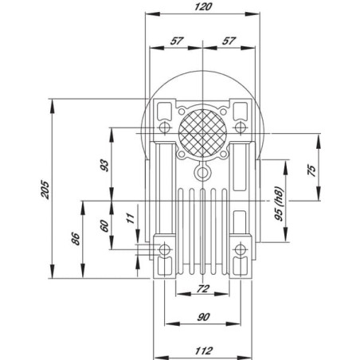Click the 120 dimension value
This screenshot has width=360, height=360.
pyautogui.click(x=203, y=6)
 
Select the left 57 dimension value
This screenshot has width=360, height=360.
pyautogui.click(x=177, y=41)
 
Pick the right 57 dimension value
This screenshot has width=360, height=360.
pyautogui.click(x=229, y=41)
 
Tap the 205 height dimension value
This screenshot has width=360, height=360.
pyautogui.click(x=45, y=190)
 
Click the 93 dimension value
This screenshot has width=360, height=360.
pyautogui.click(x=104, y=166)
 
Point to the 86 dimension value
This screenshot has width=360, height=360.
pyautogui.click(x=76, y=239)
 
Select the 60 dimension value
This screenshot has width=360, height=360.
pyautogui.click(x=104, y=226)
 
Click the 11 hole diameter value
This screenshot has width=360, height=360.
pyautogui.click(x=131, y=218)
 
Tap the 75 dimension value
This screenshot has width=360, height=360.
pyautogui.click(x=311, y=170)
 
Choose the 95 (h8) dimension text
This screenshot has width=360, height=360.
pyautogui.click(x=279, y=204)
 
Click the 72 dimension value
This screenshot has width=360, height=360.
pyautogui.click(x=203, y=288)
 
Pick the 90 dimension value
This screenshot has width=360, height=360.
pyautogui.click(x=203, y=317)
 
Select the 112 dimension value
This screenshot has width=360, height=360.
pyautogui.click(x=204, y=350)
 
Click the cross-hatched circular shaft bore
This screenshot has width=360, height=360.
pyautogui.click(x=202, y=133)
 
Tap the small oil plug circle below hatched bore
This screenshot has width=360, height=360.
pyautogui.click(x=202, y=173)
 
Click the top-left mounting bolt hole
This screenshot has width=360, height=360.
pyautogui.click(x=165, y=128)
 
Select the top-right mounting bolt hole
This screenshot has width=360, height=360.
pyautogui.click(x=241, y=128)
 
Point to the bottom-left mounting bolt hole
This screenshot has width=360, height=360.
pyautogui.click(x=165, y=249)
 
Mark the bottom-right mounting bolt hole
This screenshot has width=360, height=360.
pyautogui.click(x=241, y=249)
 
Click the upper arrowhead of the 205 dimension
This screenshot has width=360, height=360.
pyautogui.click(x=53, y=105)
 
